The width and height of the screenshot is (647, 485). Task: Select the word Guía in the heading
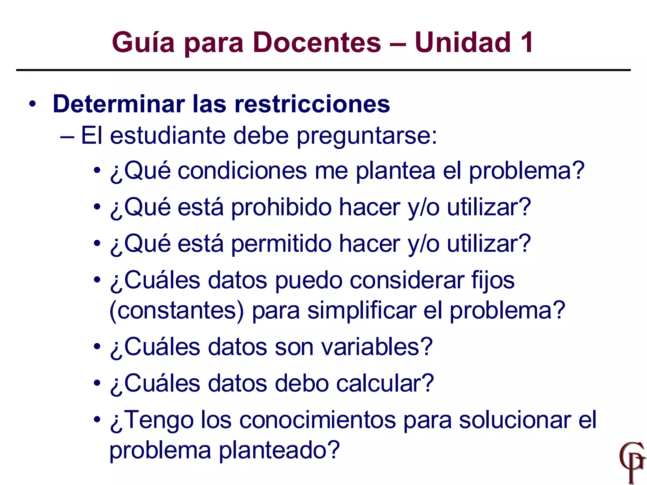(x=143, y=42)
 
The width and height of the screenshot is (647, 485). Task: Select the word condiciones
(x=243, y=171)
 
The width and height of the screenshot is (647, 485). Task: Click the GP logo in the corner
(x=632, y=462)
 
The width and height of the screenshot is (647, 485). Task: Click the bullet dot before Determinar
(x=32, y=104)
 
